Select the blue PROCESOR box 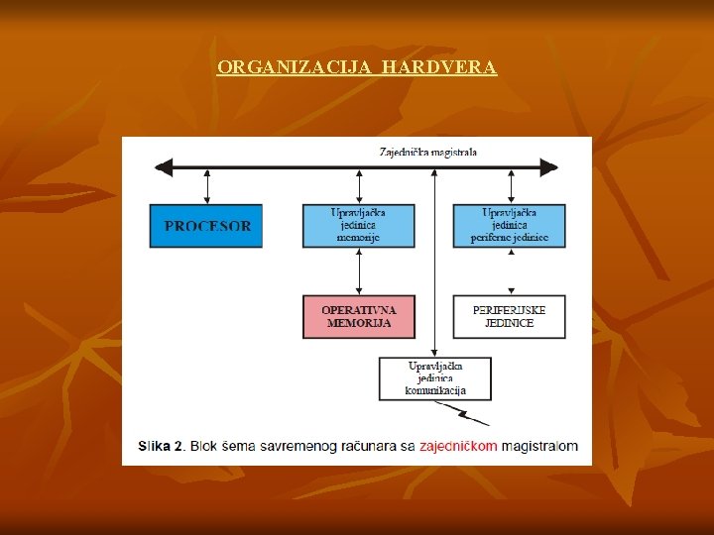click(x=207, y=226)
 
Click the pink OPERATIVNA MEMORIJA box click(x=358, y=317)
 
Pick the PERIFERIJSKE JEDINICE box click(x=509, y=317)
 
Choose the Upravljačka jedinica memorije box click(x=358, y=226)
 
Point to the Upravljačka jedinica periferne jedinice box click(x=509, y=226)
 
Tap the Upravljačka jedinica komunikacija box click(x=434, y=378)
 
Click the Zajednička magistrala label click(x=427, y=152)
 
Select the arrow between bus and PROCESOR click(x=207, y=186)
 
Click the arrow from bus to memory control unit click(x=358, y=186)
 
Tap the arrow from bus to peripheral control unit click(x=510, y=186)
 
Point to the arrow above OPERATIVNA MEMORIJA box click(x=358, y=271)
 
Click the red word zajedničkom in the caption click(x=458, y=447)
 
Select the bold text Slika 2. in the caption click(x=161, y=447)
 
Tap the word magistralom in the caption click(x=539, y=447)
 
